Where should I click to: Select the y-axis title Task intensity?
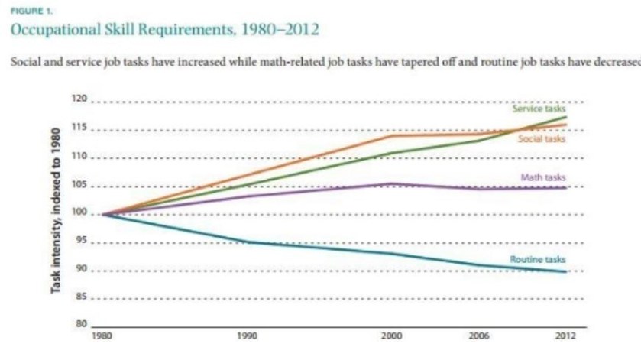pyautogui.click(x=57, y=214)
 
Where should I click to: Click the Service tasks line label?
pyautogui.click(x=539, y=109)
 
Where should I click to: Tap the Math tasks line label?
pyautogui.click(x=542, y=177)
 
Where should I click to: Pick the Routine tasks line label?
pyautogui.click(x=537, y=260)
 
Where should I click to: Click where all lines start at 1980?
pyautogui.click(x=102, y=215)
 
